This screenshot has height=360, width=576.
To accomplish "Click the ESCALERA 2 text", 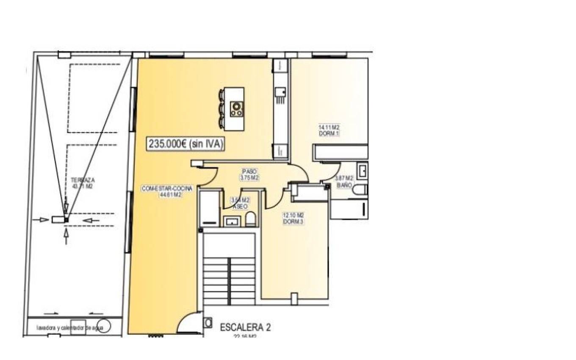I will click(x=245, y=327).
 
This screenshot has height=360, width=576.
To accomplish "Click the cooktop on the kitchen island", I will click(x=237, y=109).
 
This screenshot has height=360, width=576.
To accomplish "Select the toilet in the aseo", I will click(x=250, y=220).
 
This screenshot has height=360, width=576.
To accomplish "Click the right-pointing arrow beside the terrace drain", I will click(x=44, y=219).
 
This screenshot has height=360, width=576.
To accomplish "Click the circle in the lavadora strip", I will click(x=105, y=326).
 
